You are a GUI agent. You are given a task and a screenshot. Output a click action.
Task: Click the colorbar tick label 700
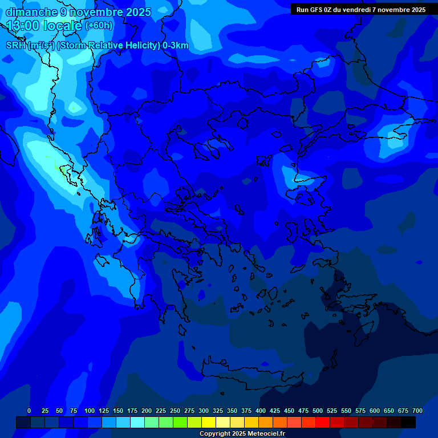coord(417,411)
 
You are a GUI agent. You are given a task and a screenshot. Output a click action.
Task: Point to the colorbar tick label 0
coord(29,411)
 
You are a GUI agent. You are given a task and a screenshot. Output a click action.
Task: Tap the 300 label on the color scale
coord(204,411)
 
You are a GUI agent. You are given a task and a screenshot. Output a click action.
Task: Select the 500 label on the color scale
coord(318,411)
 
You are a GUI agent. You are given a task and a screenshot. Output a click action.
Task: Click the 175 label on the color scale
coord(132,411)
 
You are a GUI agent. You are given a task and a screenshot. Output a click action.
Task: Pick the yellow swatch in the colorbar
coord(209,422)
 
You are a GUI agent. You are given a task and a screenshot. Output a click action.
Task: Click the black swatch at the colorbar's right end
coord(408,422)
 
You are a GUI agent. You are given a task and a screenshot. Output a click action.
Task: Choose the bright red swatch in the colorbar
coord(323,422)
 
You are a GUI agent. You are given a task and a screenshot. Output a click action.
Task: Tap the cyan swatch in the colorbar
coord(137,422)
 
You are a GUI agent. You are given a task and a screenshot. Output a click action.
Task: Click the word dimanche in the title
coord(32,12)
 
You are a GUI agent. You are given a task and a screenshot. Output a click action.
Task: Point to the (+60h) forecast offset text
coord(99,26)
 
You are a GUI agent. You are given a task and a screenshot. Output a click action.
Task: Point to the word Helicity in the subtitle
coord(140,46)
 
